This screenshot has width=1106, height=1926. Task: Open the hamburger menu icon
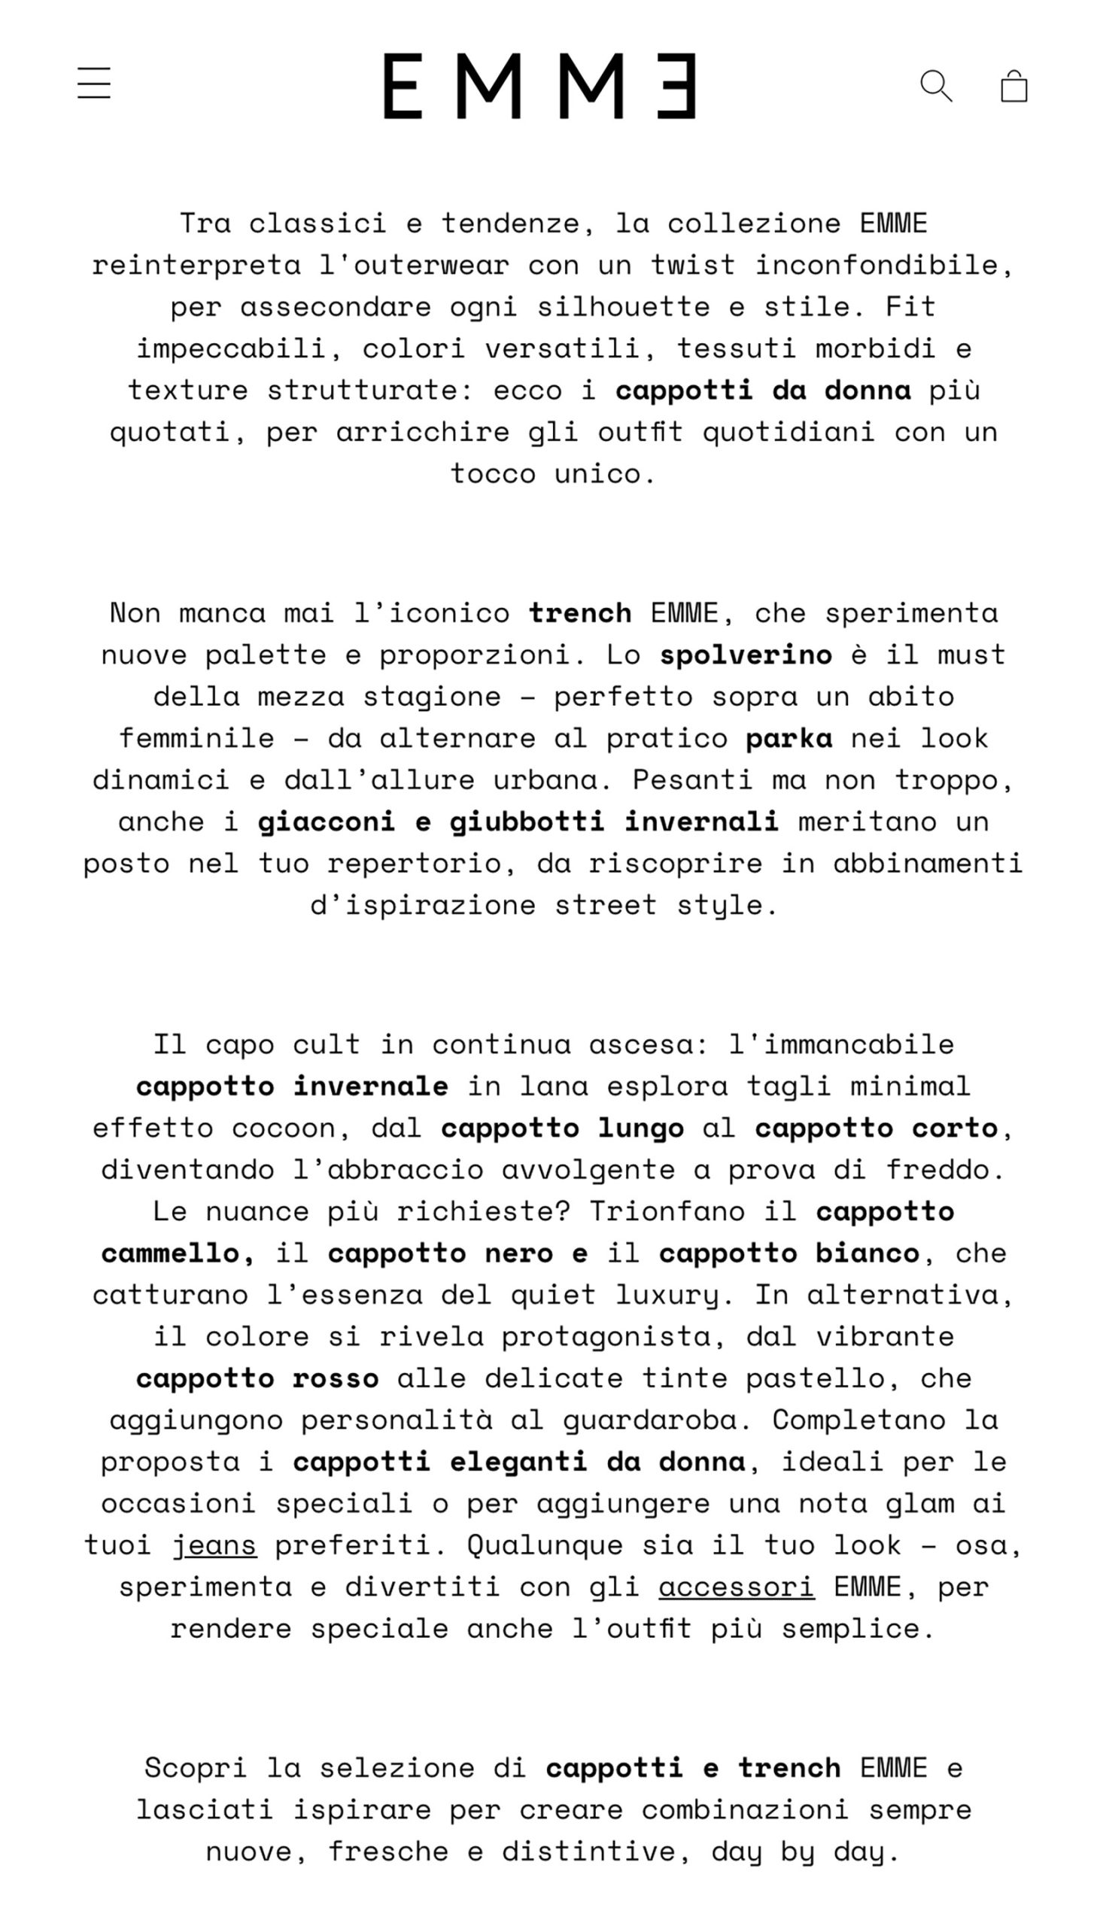point(94,83)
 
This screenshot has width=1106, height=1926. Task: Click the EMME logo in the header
point(539,86)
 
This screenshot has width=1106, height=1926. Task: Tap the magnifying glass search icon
point(936,86)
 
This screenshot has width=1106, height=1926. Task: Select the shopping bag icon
point(1014,86)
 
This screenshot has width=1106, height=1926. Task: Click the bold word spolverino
point(745,655)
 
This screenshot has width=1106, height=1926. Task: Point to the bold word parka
point(788,739)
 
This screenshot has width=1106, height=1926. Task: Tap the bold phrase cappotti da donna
point(763,391)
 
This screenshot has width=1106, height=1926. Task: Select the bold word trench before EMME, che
point(580,614)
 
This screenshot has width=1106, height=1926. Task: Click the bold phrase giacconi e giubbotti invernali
point(518,822)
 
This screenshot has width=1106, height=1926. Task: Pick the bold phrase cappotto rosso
point(257,1379)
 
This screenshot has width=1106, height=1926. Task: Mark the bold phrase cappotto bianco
point(788,1254)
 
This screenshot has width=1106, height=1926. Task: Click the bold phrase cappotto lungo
point(562,1129)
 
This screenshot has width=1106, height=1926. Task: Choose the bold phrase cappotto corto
point(876,1129)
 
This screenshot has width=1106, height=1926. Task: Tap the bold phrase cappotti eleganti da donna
point(519,1463)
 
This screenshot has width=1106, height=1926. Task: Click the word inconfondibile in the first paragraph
point(883,266)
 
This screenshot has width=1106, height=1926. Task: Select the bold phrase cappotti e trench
point(693,1769)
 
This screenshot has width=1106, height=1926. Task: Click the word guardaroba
point(656,1421)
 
